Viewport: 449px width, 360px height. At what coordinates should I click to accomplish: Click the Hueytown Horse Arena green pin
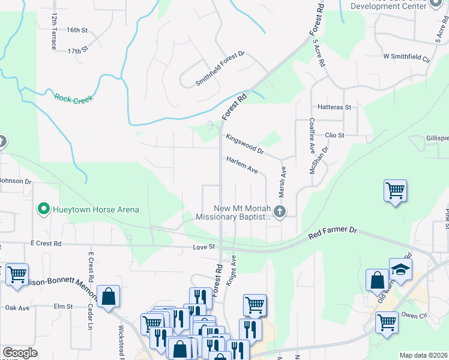click(43, 209)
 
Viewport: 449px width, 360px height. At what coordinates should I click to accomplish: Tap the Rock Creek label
click(75, 99)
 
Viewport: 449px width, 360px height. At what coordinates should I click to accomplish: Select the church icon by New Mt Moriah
click(279, 211)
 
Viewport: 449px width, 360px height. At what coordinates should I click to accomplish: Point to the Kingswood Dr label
click(244, 143)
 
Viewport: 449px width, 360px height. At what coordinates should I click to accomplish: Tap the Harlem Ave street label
click(242, 166)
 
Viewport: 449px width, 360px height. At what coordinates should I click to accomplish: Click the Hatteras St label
click(334, 107)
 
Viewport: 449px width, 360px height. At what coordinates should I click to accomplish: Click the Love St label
click(204, 247)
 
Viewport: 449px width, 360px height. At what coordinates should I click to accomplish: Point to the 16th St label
click(77, 29)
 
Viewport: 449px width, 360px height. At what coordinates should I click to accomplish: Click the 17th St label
click(78, 51)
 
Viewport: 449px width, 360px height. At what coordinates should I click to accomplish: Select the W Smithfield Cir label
click(407, 58)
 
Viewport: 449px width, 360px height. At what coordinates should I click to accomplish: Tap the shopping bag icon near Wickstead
click(108, 296)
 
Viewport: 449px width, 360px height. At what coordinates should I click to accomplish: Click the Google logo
click(20, 353)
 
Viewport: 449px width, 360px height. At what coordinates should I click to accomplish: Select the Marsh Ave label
click(282, 182)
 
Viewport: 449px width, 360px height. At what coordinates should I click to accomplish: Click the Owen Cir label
click(413, 314)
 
